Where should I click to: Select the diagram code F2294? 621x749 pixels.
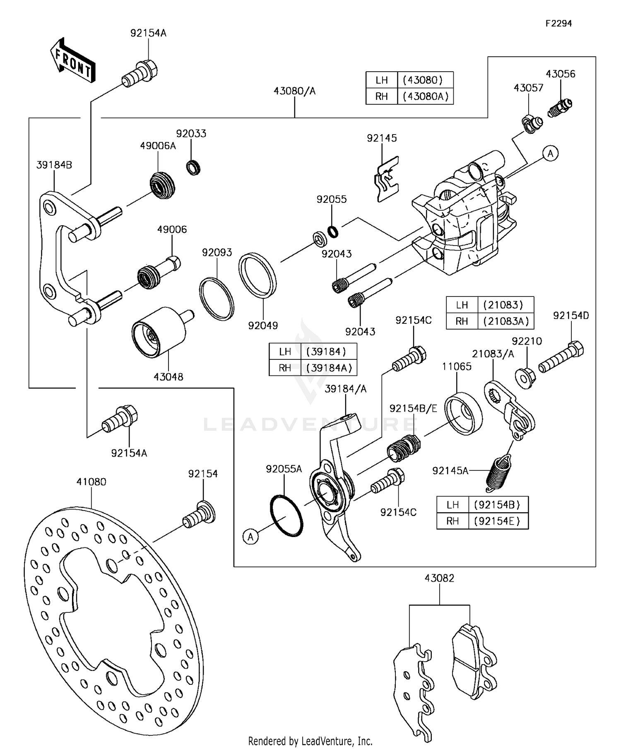[x=558, y=24]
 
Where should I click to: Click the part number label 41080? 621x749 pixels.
[x=91, y=482]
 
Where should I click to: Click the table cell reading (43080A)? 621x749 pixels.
[x=425, y=96]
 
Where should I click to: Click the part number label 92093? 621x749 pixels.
[x=217, y=253]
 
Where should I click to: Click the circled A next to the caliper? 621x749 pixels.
[x=550, y=154]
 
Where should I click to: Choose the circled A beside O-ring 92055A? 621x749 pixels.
[x=250, y=537]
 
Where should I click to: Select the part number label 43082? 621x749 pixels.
[x=439, y=578]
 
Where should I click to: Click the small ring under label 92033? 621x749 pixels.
[x=193, y=168]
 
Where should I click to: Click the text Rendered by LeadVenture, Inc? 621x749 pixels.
[x=310, y=741]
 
